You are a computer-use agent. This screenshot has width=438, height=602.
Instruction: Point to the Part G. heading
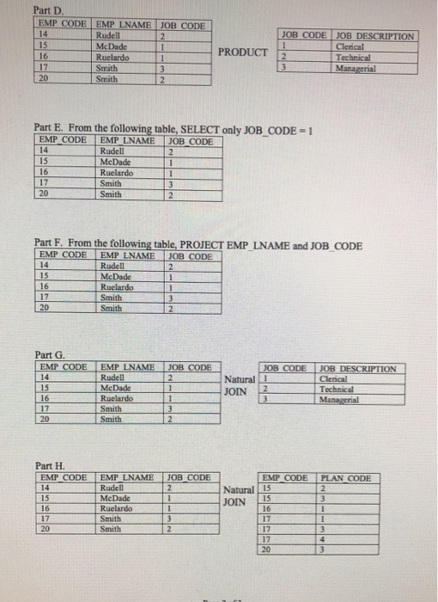point(50,354)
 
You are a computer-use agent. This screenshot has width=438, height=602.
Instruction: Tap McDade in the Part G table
point(117,389)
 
